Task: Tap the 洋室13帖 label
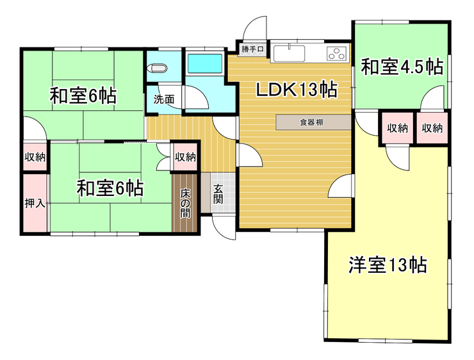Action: tap(388, 264)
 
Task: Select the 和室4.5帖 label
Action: tap(402, 67)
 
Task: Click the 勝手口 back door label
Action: tap(252, 49)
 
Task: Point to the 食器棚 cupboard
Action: tap(314, 122)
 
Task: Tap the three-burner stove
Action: tap(337, 53)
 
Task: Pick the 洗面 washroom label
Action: tap(163, 99)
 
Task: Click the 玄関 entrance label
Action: tap(218, 193)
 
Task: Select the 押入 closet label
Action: tap(35, 204)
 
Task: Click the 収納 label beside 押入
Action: tap(35, 157)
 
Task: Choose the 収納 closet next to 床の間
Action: tap(186, 158)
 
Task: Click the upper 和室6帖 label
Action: tap(83, 96)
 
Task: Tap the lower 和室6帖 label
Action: tap(110, 188)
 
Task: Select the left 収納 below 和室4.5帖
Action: tap(397, 127)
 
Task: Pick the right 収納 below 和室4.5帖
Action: tap(432, 127)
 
